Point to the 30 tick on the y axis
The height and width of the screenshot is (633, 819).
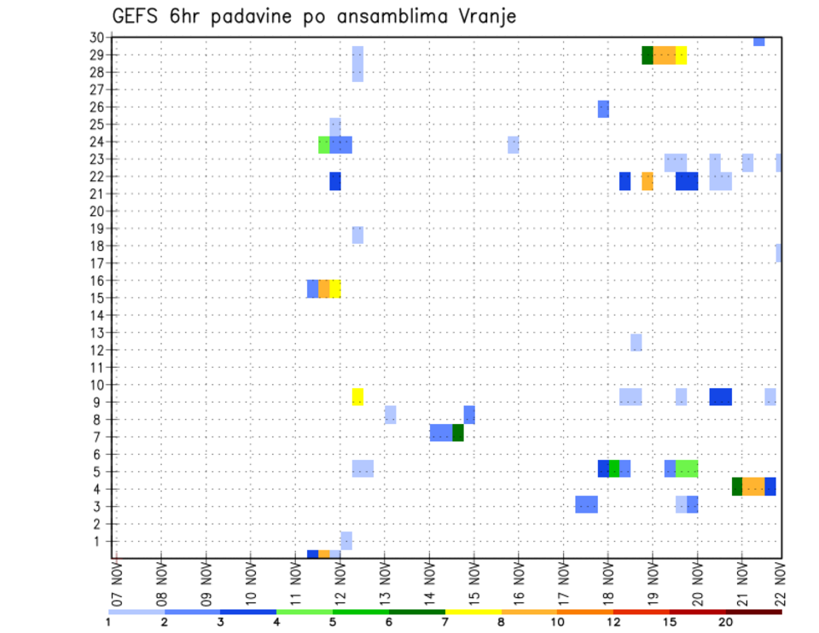pos(96,38)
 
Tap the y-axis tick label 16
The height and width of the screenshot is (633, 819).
pos(96,281)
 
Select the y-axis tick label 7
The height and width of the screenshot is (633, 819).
pos(99,437)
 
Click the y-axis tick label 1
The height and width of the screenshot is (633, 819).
pos(99,541)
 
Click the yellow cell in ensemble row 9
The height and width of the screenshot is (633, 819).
pos(357,397)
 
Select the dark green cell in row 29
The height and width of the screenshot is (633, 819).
pos(648,55)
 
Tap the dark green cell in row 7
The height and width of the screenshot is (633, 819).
pos(458,433)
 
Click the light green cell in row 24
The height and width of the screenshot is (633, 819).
pos(324,145)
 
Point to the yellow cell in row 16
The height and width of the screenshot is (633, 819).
pos(335,288)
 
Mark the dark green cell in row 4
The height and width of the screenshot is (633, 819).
pos(737,486)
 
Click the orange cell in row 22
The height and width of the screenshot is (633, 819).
pos(648,181)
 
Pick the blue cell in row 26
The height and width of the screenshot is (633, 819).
pos(603,108)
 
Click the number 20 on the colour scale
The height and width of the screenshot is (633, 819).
pos(725,622)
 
